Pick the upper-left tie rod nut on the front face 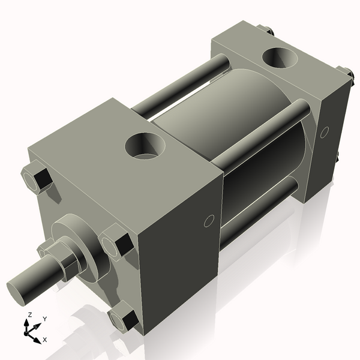tap(37, 178)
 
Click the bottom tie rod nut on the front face tap(124, 318)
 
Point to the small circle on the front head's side tap(209, 221)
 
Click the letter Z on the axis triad tap(29, 315)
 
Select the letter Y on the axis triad tap(44, 319)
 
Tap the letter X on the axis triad tap(45, 340)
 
